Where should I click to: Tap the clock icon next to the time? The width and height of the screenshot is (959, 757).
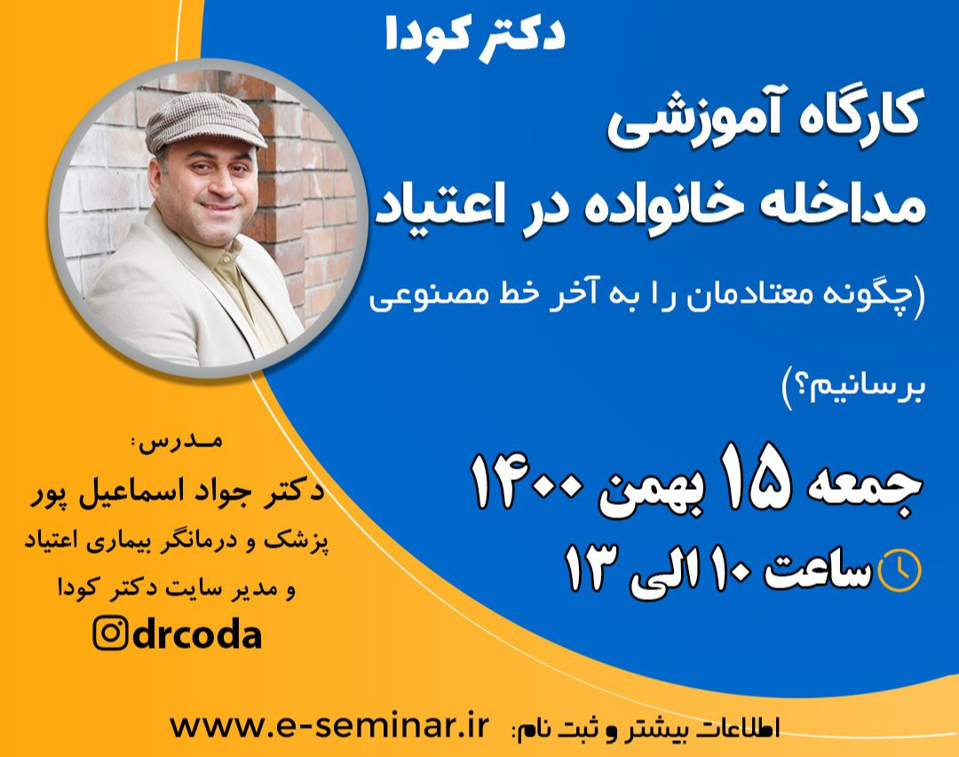pos(899,571)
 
